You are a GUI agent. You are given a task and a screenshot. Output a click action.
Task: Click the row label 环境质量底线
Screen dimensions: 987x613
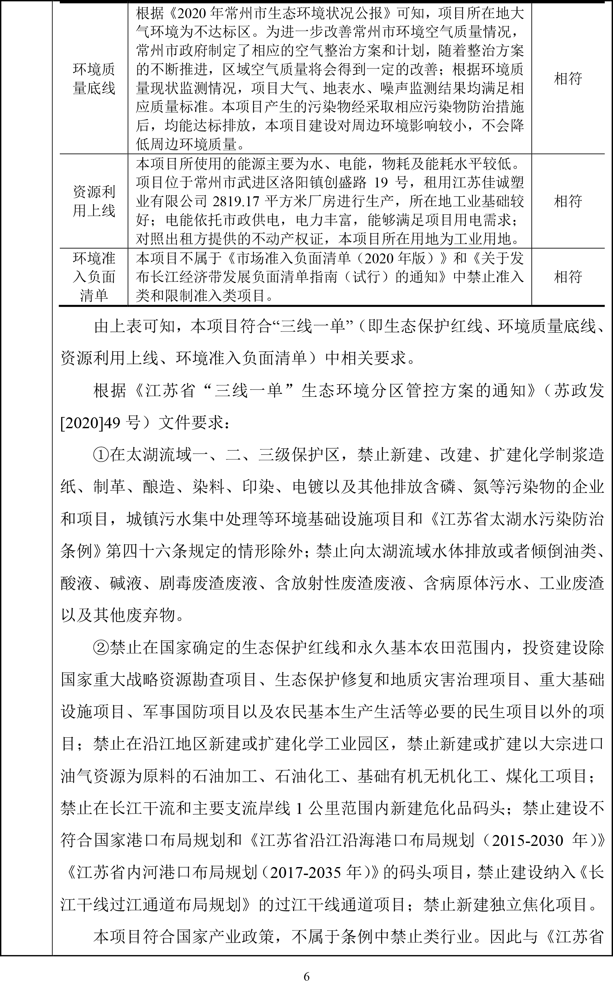click(x=94, y=79)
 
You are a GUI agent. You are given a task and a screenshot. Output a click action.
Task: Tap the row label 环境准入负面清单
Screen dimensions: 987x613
click(x=94, y=277)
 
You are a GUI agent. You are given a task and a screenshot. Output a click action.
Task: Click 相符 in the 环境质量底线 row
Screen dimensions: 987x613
click(x=568, y=79)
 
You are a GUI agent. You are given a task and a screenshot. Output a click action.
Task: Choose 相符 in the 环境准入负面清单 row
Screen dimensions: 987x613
click(x=568, y=277)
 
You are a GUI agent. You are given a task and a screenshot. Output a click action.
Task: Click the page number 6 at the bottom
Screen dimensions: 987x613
click(x=306, y=976)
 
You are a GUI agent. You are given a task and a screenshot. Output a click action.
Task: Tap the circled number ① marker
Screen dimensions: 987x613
click(x=101, y=455)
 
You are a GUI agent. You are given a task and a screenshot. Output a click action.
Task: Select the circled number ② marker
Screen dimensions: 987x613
click(x=101, y=648)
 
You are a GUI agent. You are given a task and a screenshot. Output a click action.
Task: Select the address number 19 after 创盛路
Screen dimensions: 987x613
click(x=381, y=182)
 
